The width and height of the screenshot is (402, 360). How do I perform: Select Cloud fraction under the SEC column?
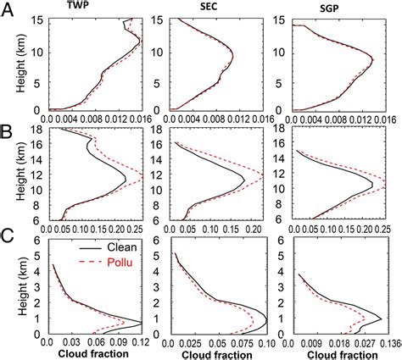pos(215,353)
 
